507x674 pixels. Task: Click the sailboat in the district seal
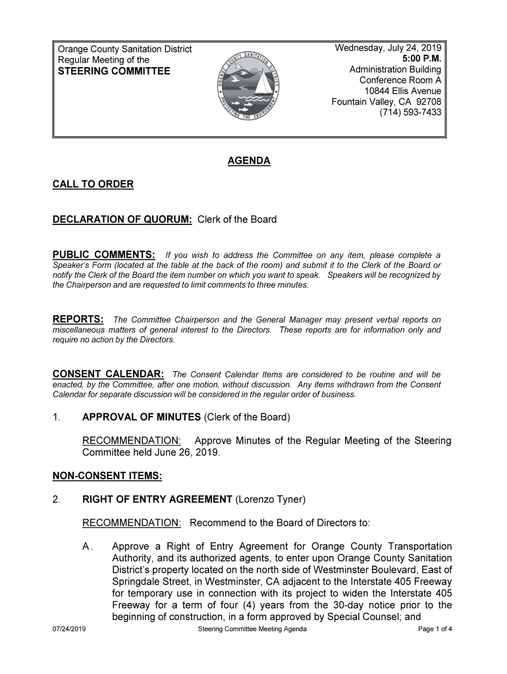coord(263,84)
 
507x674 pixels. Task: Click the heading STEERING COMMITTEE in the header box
coord(114,71)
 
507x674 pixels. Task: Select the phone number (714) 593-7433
coord(410,113)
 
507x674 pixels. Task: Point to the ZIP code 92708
coord(427,102)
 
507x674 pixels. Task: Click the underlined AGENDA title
coord(249,161)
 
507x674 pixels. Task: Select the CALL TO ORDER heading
coord(93,184)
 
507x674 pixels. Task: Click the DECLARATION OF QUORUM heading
coord(122,220)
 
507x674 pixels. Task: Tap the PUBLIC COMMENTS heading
coord(104,255)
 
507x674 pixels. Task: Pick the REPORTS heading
coord(78,320)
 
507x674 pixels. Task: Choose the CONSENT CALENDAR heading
coord(108,374)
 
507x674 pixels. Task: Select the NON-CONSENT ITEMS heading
coord(107,475)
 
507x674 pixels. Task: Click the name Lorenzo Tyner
coord(270,500)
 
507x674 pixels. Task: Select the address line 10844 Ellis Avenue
coord(402,91)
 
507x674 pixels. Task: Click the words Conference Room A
coord(400,80)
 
